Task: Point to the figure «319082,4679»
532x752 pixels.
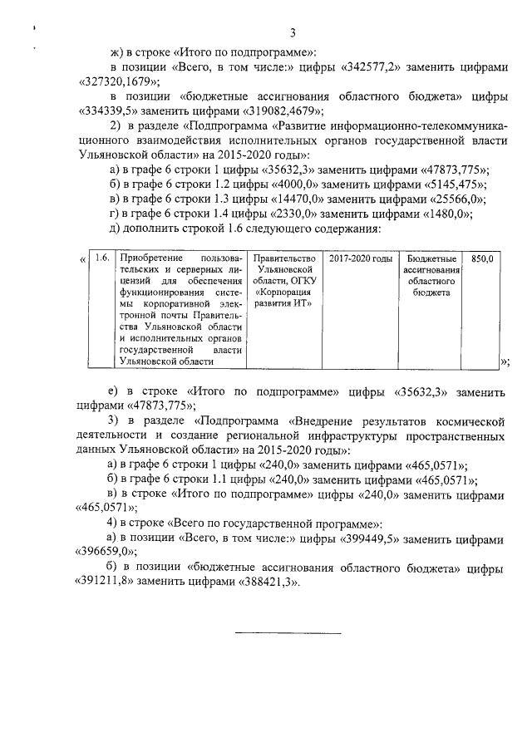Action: tap(279, 110)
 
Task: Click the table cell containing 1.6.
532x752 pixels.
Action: tap(102, 259)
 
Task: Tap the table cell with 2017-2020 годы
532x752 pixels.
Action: tap(360, 259)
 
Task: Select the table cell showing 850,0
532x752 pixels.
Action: tap(482, 259)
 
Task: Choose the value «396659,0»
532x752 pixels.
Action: tap(106, 552)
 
